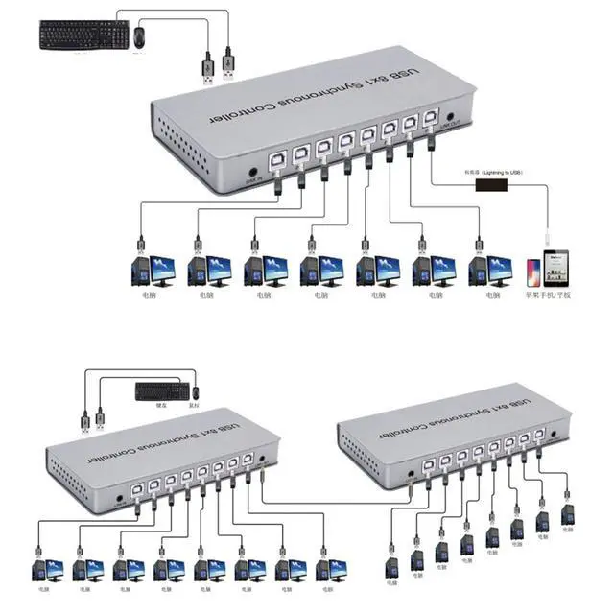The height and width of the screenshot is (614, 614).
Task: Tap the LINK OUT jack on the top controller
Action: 451,120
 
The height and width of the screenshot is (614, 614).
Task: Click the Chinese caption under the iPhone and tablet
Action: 547,295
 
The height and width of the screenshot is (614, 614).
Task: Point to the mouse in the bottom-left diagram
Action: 196,392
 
